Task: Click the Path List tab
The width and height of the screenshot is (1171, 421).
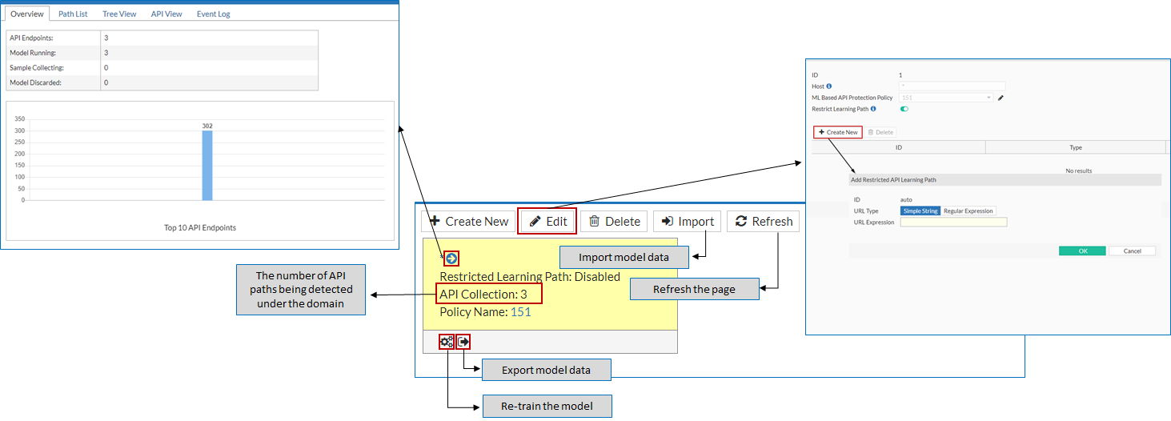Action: tap(73, 14)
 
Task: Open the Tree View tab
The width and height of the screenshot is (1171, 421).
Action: tap(119, 14)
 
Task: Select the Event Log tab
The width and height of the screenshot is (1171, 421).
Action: tap(214, 14)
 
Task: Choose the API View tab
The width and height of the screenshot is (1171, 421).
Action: tap(166, 14)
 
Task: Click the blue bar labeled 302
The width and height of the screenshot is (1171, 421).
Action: tap(207, 165)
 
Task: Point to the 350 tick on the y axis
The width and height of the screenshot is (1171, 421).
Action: tap(20, 119)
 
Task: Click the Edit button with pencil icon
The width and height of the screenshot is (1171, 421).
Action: tap(547, 221)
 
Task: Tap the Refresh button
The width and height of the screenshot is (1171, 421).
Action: tap(764, 221)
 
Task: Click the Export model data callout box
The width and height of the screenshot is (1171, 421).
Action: tap(546, 370)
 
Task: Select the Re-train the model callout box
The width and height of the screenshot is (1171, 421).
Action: tap(547, 406)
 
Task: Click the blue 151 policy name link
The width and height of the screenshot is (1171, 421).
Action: tap(520, 312)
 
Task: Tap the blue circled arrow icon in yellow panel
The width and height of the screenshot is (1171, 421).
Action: tap(451, 259)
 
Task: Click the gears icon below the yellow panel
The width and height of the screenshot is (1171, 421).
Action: tap(447, 342)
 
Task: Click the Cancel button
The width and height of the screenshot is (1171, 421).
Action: tap(1132, 251)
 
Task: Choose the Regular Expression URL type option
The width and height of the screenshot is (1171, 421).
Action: tap(968, 211)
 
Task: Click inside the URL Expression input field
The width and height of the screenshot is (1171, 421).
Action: tap(953, 222)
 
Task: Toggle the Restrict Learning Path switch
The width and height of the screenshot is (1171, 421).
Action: tap(905, 109)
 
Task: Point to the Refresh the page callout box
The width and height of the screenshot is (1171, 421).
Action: tap(694, 289)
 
